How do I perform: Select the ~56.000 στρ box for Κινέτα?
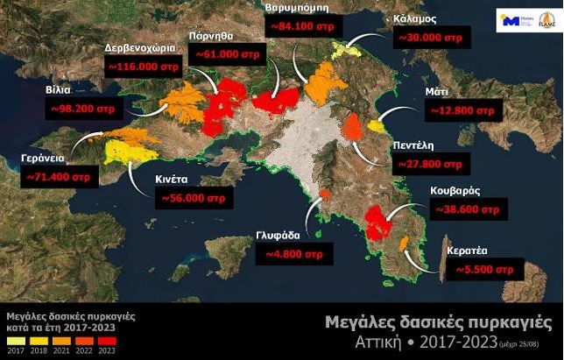point(193,199)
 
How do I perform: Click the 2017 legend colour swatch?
point(13,340)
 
